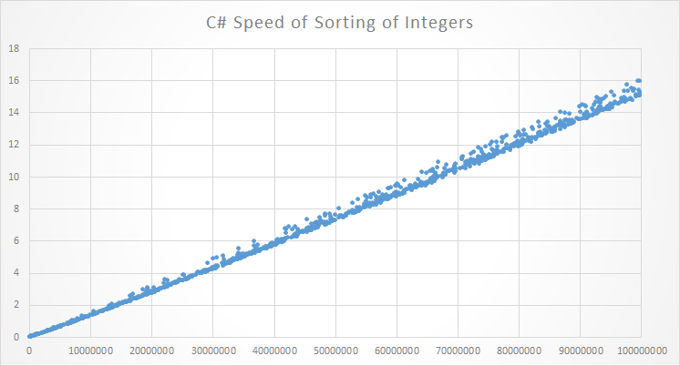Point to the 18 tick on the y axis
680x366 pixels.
pos(15,48)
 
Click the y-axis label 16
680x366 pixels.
pos(15,80)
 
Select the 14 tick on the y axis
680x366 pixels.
pos(15,112)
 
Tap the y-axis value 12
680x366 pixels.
pos(15,144)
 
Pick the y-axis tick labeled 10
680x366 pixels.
pos(15,177)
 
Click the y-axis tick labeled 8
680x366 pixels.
pos(17,208)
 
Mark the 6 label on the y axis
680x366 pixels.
pos(17,240)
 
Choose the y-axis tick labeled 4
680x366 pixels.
pos(17,272)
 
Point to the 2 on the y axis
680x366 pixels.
pos(17,305)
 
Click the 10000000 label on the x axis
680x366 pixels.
pos(90,350)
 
